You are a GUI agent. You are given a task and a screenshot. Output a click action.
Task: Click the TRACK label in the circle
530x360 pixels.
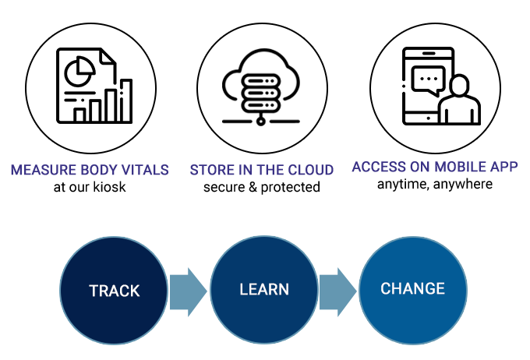coord(114,291)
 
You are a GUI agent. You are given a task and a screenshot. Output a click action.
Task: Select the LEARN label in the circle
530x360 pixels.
coord(263,289)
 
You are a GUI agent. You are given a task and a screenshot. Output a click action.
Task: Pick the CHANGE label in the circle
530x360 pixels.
coord(412,289)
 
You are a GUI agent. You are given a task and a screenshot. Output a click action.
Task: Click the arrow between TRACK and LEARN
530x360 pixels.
coord(188,290)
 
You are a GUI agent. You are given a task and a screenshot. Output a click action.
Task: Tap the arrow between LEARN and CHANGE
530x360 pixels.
coord(338,290)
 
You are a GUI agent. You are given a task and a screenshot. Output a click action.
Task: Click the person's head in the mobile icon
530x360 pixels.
coord(458,86)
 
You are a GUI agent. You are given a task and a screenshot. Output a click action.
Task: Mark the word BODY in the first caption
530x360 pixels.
coord(95,171)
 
